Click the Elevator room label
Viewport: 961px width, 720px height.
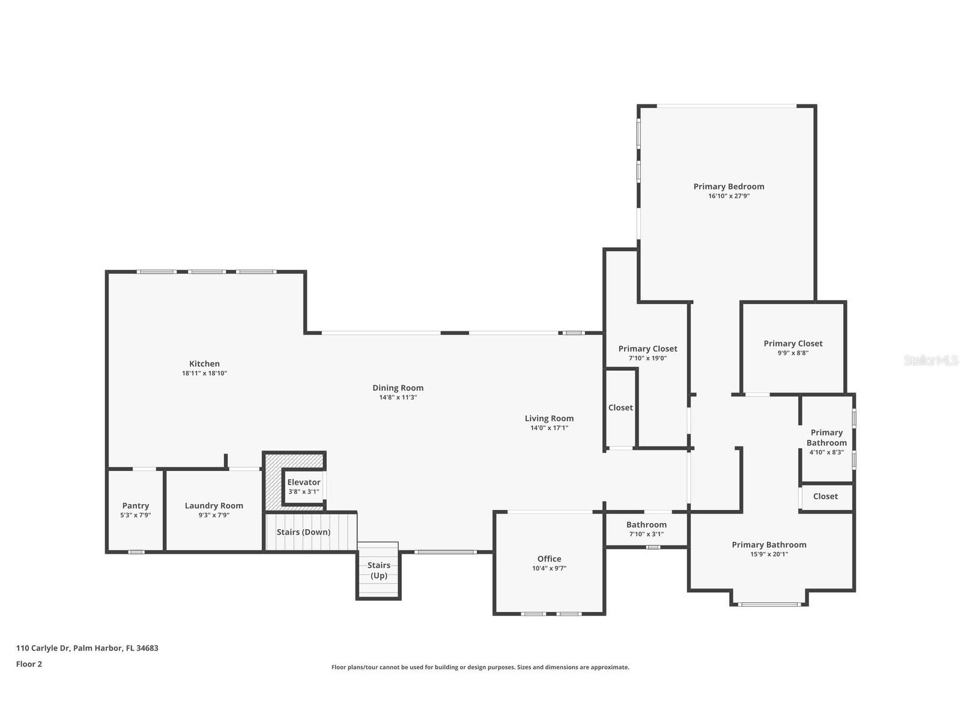point(303,482)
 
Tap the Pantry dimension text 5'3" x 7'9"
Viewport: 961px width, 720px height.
point(135,515)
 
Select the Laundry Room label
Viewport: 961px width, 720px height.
point(214,506)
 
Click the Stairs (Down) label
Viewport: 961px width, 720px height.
point(303,532)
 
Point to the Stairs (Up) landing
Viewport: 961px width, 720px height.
point(378,570)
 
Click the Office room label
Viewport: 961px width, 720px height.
point(549,559)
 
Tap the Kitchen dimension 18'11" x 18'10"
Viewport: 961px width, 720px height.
point(204,373)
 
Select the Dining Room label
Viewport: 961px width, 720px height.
point(398,388)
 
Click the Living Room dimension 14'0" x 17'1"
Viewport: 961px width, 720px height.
point(549,428)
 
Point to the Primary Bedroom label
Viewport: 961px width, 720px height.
point(729,187)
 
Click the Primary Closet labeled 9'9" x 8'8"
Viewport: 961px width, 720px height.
point(793,344)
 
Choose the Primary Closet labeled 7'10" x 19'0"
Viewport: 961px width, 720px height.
point(647,349)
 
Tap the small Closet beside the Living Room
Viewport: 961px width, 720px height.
point(620,407)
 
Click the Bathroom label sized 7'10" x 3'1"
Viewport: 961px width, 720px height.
point(646,524)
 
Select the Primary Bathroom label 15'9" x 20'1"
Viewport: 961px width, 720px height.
point(769,545)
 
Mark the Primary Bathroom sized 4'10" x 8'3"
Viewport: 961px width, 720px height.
point(826,437)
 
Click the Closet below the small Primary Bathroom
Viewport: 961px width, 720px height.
point(825,496)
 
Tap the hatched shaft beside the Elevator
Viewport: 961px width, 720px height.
point(273,480)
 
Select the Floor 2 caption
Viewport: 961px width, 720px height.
point(29,664)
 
